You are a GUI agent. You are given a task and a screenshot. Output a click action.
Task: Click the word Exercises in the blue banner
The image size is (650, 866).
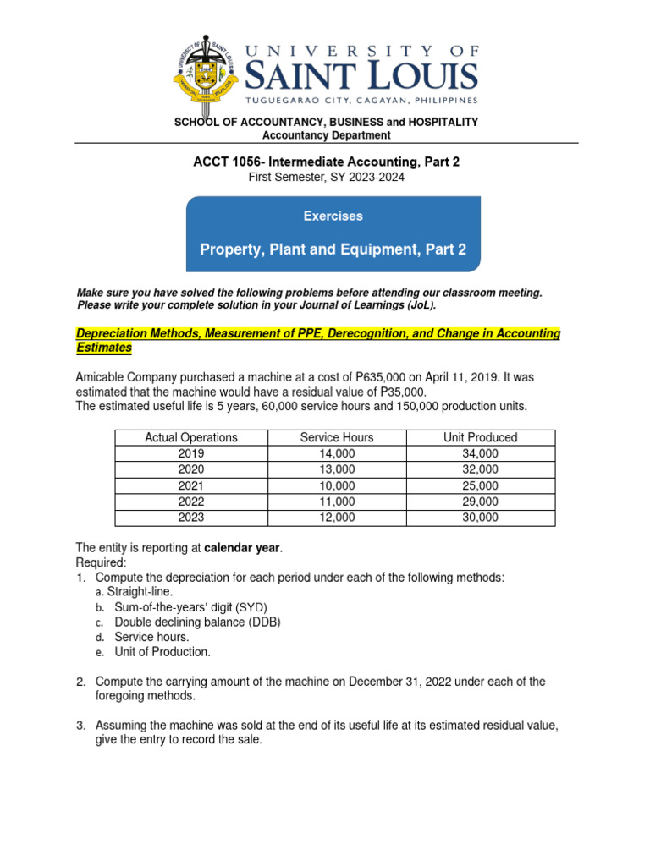(333, 216)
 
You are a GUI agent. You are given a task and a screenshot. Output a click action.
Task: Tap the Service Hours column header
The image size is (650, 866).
(336, 437)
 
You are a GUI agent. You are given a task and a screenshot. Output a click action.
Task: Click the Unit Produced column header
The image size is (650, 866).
(480, 437)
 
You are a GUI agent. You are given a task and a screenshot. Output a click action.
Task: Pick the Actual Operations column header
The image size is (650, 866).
(191, 437)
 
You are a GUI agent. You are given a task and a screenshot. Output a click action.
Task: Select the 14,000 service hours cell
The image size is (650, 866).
(336, 453)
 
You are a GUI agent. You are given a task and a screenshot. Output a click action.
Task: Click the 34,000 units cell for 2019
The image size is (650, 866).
(480, 453)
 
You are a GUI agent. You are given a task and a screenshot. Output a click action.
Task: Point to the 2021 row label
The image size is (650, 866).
(191, 485)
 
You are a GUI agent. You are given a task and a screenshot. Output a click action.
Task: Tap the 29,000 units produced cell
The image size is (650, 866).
(480, 502)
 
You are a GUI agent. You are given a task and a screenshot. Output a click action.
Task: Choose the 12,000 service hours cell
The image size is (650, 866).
(336, 518)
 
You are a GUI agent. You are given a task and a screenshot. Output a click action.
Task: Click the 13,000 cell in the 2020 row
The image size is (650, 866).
(336, 469)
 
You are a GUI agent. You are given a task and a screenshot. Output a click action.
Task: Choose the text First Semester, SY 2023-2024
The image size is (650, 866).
(326, 177)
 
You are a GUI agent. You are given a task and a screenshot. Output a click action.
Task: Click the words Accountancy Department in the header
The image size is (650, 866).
(326, 135)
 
